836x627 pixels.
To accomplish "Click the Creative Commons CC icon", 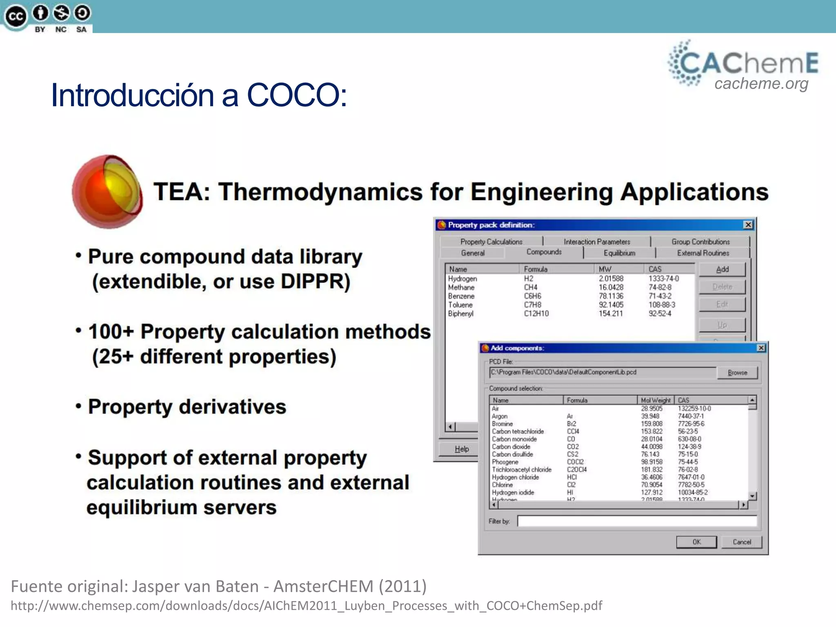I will [16, 17].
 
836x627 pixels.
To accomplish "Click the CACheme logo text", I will [748, 63].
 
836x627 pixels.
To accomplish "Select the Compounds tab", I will [544, 252].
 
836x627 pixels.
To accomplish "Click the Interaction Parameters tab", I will [597, 242].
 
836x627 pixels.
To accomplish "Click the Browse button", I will [737, 373].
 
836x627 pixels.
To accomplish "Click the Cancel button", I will [741, 542].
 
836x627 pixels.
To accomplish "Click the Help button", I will [462, 449].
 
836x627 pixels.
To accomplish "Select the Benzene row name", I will [461, 296].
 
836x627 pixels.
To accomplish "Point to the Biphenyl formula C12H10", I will [536, 314].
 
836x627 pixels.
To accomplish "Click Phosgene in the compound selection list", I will [505, 462].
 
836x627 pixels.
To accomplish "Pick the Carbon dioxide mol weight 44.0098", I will [651, 447].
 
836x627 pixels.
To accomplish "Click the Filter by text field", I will [637, 521].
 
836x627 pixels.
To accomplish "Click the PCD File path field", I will [602, 372].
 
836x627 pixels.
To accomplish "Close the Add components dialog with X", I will [761, 348].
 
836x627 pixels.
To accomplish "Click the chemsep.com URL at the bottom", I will [306, 606].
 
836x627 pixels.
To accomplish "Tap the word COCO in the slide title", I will [296, 95].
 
